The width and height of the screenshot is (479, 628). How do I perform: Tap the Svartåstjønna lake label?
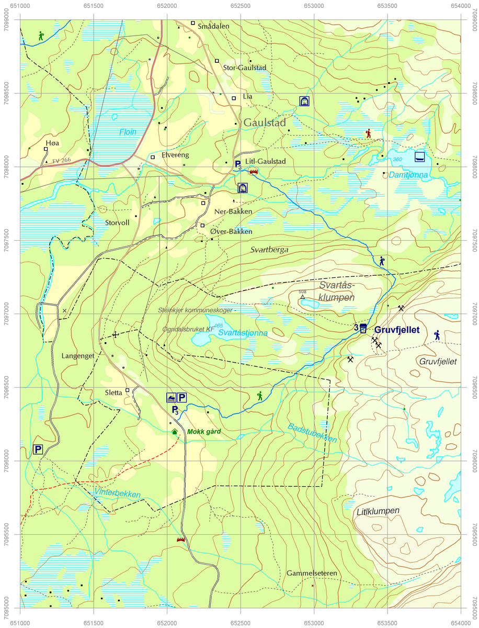click(243, 333)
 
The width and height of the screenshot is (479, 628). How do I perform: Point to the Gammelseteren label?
click(312, 573)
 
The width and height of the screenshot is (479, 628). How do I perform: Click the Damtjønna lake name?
click(408, 175)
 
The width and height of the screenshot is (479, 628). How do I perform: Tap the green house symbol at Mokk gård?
click(175, 432)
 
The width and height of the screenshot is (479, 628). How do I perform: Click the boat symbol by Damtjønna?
click(419, 156)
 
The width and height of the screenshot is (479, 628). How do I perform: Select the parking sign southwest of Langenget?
click(38, 449)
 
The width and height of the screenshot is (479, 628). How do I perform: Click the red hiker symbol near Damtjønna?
click(369, 133)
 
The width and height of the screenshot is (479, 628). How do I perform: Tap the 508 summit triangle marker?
click(302, 297)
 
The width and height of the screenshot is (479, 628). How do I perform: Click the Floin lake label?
click(127, 132)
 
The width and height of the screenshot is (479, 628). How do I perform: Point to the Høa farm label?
click(53, 143)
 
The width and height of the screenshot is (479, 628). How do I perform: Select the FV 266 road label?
click(62, 160)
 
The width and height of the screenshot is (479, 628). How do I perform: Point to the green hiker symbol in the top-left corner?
click(41, 36)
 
